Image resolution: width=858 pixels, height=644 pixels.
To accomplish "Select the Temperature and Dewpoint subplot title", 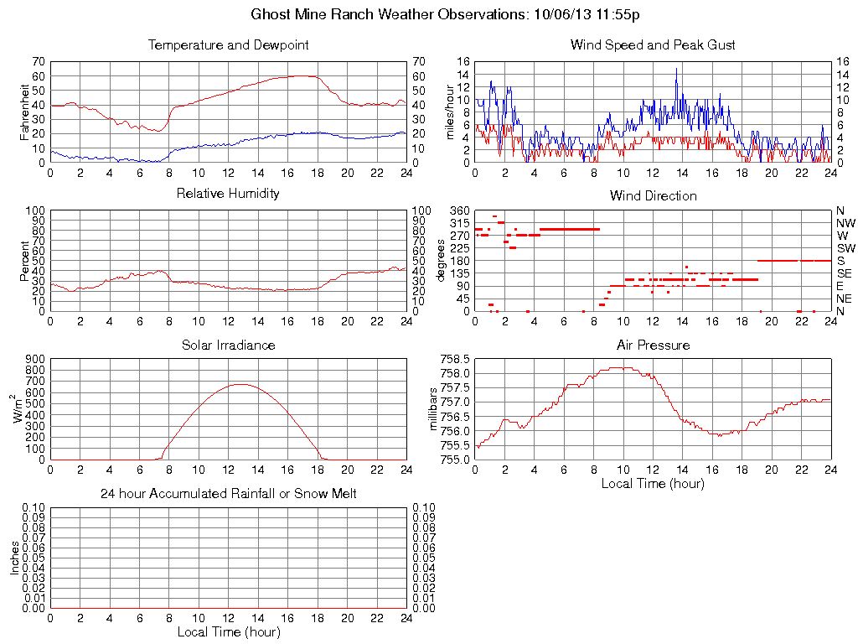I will pyautogui.click(x=228, y=45).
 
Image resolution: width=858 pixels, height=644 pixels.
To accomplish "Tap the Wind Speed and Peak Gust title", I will pyautogui.click(x=653, y=45).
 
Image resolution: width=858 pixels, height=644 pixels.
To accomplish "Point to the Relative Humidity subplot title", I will pyautogui.click(x=228, y=194).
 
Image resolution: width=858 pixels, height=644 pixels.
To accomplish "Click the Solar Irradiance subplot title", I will pyautogui.click(x=228, y=345).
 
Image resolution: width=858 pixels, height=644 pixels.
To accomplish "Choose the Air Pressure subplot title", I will pyautogui.click(x=653, y=345).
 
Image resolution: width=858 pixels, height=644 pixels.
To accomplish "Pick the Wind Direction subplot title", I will pyautogui.click(x=653, y=195).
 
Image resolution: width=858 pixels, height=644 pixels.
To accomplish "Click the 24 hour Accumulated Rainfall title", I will pyautogui.click(x=228, y=494).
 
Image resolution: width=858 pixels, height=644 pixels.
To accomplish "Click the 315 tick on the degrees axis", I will pyautogui.click(x=458, y=223).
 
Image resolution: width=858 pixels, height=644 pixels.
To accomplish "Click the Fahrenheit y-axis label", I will pyautogui.click(x=25, y=112).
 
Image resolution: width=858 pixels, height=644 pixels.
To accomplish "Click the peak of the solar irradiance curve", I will pyautogui.click(x=240, y=384).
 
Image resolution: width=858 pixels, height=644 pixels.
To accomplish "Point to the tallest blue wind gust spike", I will pyautogui.click(x=676, y=69).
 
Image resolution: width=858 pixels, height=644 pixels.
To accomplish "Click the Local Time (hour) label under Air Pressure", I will pyautogui.click(x=653, y=483).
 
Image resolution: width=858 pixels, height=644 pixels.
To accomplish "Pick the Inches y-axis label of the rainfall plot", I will pyautogui.click(x=15, y=558).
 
